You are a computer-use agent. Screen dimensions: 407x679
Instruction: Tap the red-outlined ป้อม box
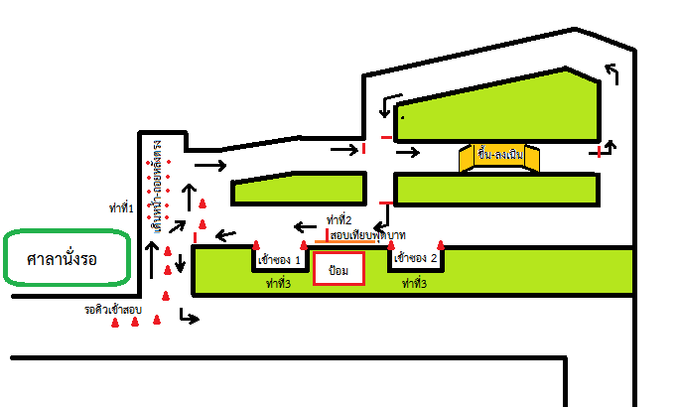click(339, 269)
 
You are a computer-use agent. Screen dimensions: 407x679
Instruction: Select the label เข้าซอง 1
click(279, 260)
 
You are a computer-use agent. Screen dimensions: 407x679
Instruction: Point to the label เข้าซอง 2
click(415, 259)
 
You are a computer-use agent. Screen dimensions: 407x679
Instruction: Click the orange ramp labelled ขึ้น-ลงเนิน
click(500, 156)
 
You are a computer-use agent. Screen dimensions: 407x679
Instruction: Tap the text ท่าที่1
click(121, 207)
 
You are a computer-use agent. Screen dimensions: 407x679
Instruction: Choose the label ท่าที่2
click(339, 219)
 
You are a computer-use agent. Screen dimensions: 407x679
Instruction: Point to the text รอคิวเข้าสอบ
click(114, 310)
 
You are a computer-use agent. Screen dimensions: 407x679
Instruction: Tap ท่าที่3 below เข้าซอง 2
click(415, 284)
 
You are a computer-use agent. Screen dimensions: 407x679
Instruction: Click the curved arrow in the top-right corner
click(611, 73)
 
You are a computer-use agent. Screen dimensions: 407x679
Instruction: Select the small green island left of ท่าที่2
click(298, 191)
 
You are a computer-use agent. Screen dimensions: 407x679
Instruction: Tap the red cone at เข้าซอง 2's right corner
click(442, 245)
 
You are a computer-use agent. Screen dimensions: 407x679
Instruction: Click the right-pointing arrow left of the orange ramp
click(407, 153)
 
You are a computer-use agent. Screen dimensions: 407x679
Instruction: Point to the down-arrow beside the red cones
click(180, 263)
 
